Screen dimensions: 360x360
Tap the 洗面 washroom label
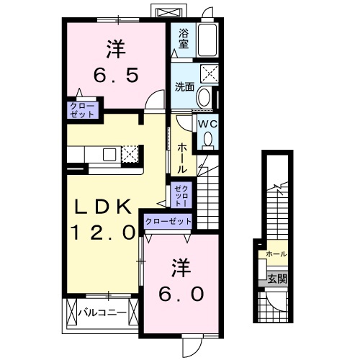point(184,87)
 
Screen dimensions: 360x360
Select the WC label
point(207,123)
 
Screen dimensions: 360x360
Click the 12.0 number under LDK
point(103,233)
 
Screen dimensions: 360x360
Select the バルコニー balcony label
point(102,312)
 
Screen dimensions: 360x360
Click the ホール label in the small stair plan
point(276,254)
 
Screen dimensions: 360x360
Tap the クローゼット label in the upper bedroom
point(81,109)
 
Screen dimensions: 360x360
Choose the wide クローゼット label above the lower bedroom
point(168,222)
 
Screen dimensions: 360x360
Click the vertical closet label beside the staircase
point(181,195)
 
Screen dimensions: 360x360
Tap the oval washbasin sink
point(204,96)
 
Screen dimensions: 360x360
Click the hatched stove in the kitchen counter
point(130,153)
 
